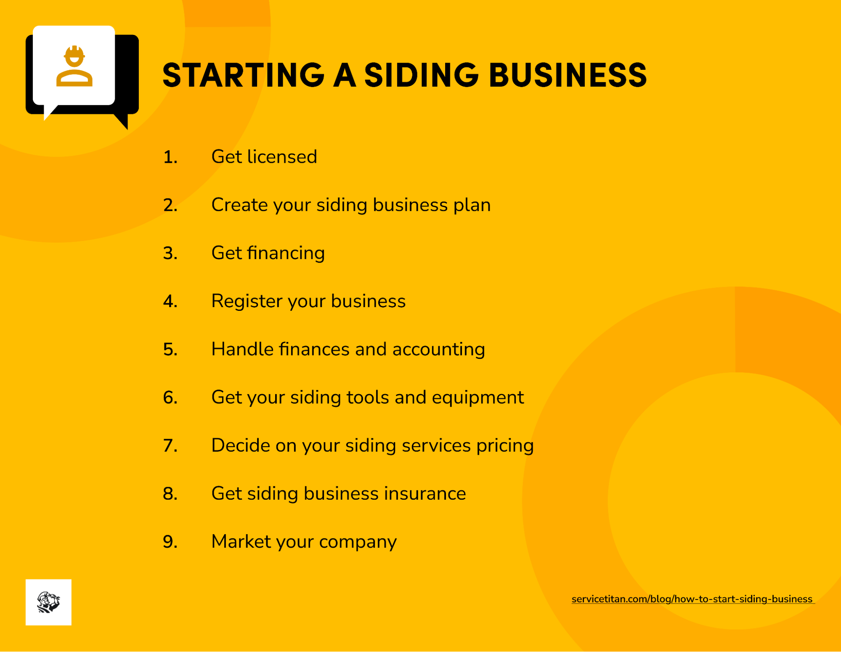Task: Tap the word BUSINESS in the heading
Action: [568, 75]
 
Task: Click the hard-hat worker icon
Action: [74, 66]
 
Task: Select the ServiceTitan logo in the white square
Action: [48, 602]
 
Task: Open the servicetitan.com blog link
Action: [692, 599]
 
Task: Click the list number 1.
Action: [170, 157]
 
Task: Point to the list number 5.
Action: [170, 350]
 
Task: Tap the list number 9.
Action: [170, 542]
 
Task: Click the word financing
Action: [286, 253]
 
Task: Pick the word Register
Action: [247, 301]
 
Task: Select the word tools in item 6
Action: [367, 398]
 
